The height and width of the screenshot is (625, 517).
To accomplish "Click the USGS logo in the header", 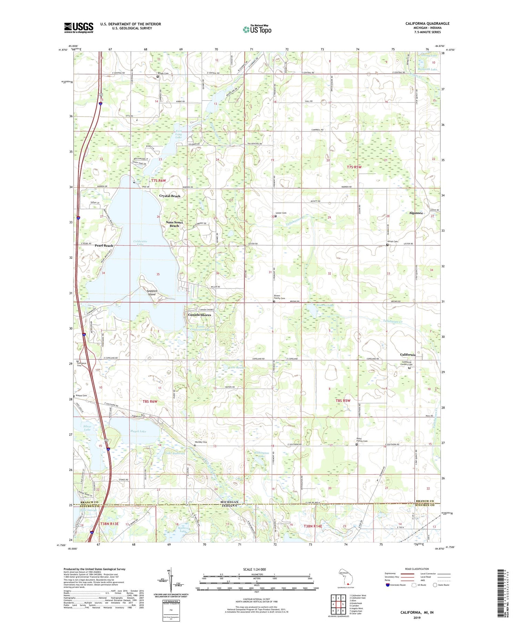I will point(79,28).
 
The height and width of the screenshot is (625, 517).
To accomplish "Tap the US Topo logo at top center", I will point(257,29).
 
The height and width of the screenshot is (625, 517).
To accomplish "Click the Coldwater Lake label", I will point(140,243).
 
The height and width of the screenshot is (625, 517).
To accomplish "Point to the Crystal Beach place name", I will point(170,196).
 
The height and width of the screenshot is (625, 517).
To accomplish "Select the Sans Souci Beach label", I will point(174,224).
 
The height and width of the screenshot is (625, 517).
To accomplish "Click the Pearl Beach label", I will point(104,245).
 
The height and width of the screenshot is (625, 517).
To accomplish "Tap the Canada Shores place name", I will point(199,315).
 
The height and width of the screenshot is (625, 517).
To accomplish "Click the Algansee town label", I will point(416,213).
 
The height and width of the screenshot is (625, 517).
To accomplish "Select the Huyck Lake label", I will point(138,431).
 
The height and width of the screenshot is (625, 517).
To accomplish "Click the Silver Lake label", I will point(87,428).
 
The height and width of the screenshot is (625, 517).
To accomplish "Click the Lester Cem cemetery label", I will point(281,213).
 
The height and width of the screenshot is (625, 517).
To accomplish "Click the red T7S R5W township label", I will point(354,167).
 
